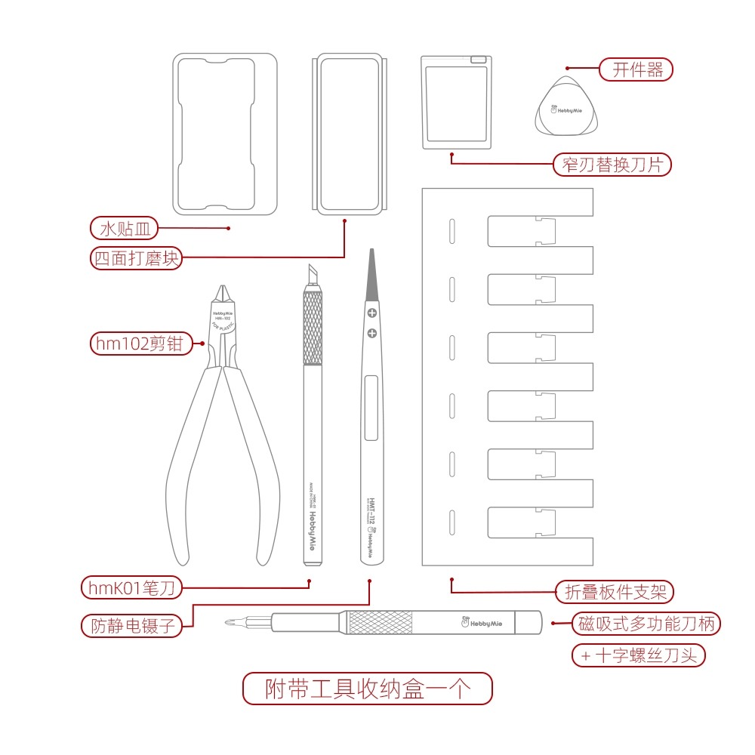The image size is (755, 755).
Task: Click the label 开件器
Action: click(x=636, y=70)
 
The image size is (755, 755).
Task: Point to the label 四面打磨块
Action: click(x=136, y=258)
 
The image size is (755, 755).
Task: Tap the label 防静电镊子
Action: click(x=132, y=625)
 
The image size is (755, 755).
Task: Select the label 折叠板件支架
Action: click(x=615, y=592)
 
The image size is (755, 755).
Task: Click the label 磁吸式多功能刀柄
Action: click(x=646, y=624)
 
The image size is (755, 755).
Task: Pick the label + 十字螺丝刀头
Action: click(x=639, y=655)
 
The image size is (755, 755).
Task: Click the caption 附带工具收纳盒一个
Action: click(x=368, y=689)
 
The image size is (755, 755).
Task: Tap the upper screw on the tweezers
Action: click(x=371, y=313)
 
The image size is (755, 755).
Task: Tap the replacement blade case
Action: click(x=456, y=103)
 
